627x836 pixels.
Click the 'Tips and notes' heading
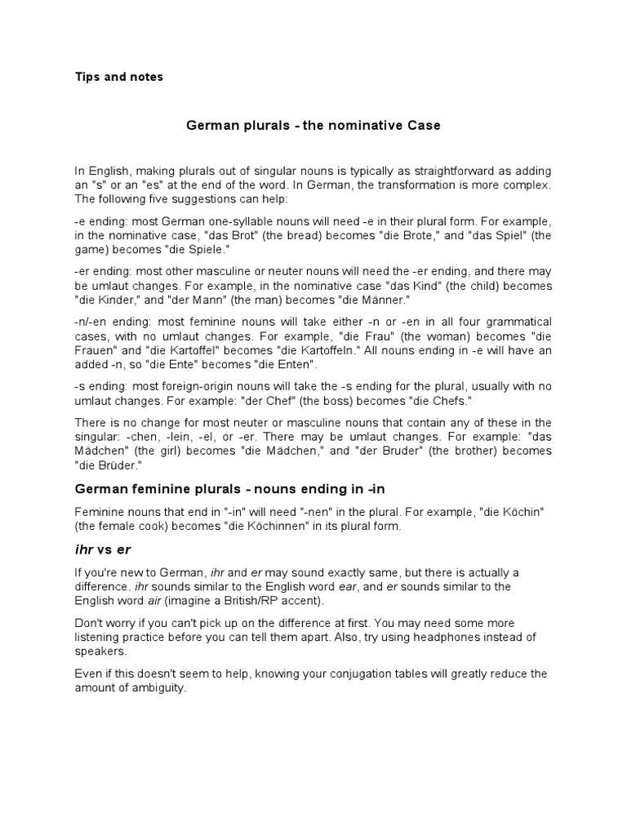(119, 77)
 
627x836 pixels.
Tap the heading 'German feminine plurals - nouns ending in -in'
(229, 489)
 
